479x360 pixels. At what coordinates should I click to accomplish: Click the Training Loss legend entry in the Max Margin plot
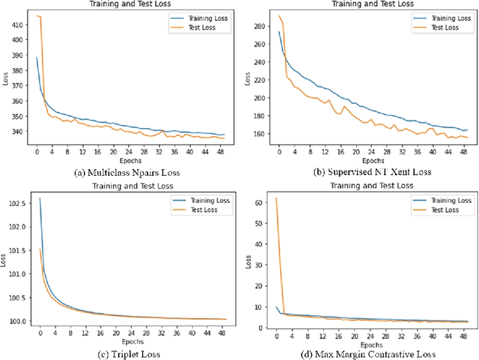445,201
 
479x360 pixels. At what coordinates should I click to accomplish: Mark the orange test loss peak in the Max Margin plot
277,198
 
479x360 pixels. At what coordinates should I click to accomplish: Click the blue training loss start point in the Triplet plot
40,198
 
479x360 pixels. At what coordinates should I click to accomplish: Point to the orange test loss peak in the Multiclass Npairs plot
37,16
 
